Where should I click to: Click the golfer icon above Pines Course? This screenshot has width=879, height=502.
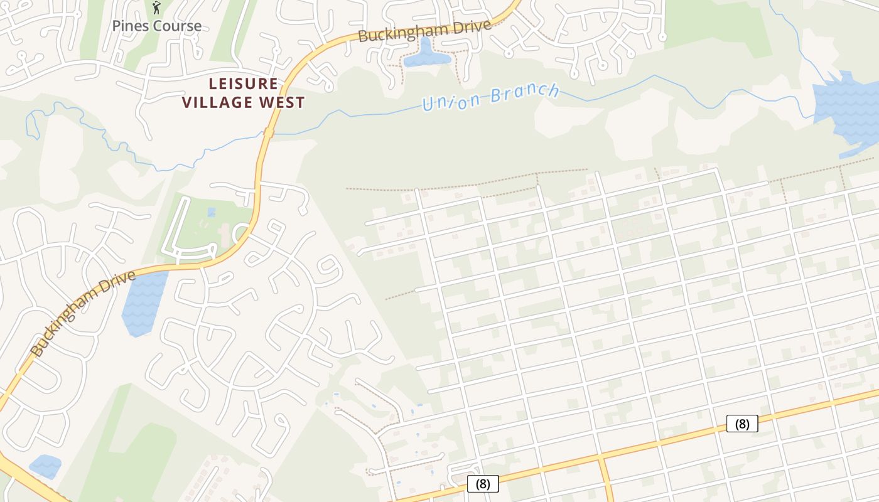tap(156, 8)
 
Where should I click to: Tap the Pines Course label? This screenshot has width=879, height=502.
tap(157, 26)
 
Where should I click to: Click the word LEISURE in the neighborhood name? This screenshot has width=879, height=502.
tap(243, 83)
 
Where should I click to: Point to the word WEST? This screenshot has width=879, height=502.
tap(283, 102)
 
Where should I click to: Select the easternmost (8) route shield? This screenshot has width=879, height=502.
tap(742, 424)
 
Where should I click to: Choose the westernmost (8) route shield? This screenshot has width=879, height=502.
tap(483, 484)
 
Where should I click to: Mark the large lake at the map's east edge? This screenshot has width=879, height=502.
tap(848, 107)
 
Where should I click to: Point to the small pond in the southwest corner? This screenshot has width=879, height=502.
tap(45, 466)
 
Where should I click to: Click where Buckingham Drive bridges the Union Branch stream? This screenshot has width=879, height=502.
tap(269, 134)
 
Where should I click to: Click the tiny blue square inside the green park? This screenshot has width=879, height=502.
tap(211, 212)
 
